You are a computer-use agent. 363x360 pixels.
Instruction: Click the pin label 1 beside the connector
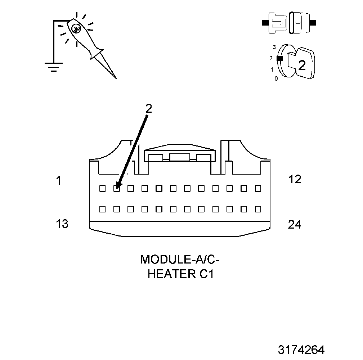[x=58, y=180]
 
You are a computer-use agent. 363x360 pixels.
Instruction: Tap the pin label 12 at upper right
[x=295, y=179]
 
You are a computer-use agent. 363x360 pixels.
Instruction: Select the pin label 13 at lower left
[x=62, y=224]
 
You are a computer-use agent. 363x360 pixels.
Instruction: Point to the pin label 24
[x=295, y=224]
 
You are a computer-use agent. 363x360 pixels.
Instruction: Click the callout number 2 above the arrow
[x=148, y=108]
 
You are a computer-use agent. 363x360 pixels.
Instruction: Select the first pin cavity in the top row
[x=102, y=188]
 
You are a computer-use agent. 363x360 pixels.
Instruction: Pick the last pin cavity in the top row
[x=257, y=188]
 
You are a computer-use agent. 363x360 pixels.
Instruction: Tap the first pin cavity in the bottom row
[x=102, y=209]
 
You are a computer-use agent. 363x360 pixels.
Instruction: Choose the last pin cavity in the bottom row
[x=257, y=209]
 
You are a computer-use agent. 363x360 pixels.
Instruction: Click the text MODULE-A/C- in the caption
[x=179, y=259]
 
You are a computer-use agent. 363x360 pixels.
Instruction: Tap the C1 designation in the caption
[x=206, y=274]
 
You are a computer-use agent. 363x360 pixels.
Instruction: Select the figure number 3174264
[x=301, y=350]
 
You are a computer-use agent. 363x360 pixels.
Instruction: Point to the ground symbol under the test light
[x=53, y=67]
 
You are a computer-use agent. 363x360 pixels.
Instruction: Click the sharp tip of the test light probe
[x=116, y=78]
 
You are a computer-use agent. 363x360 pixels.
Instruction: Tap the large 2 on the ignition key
[x=302, y=65]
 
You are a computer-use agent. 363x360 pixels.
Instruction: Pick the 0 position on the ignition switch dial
[x=276, y=78]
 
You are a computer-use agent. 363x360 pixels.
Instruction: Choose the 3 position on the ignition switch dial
[x=274, y=47]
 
